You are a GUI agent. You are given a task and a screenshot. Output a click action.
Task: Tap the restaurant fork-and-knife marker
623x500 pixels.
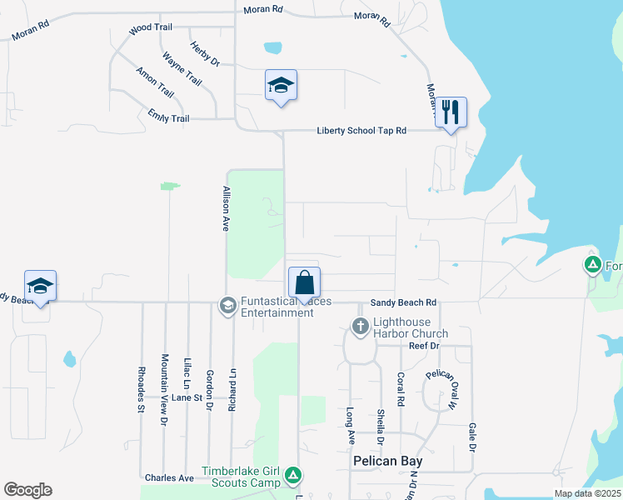(x=451, y=112)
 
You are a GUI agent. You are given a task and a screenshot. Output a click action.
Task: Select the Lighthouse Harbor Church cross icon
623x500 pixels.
(x=360, y=326)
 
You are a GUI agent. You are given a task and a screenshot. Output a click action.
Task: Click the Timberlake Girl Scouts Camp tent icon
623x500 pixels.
(x=293, y=476)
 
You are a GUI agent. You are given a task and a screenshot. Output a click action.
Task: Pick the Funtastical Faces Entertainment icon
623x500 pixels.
(x=227, y=306)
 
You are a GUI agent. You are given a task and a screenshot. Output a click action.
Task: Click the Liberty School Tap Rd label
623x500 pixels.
(x=361, y=131)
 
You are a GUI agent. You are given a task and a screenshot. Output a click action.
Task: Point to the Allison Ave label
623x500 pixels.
(x=225, y=208)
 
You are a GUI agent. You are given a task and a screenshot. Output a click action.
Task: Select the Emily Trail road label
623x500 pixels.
(x=168, y=118)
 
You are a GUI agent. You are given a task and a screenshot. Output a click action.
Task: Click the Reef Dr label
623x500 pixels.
(x=424, y=345)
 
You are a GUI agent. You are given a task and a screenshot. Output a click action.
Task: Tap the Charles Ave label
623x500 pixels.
(x=169, y=477)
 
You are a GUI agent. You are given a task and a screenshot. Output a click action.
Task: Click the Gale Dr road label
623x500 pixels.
(x=472, y=436)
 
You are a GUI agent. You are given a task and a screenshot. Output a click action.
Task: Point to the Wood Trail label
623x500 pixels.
(x=151, y=28)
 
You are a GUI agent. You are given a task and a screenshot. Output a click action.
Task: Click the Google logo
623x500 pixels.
(x=27, y=490)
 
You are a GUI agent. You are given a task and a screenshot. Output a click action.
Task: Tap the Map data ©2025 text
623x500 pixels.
(x=587, y=493)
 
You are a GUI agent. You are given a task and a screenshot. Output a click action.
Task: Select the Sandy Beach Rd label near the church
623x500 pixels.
(x=404, y=302)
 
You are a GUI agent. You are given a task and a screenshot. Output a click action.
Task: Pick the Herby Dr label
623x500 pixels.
(x=204, y=53)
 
